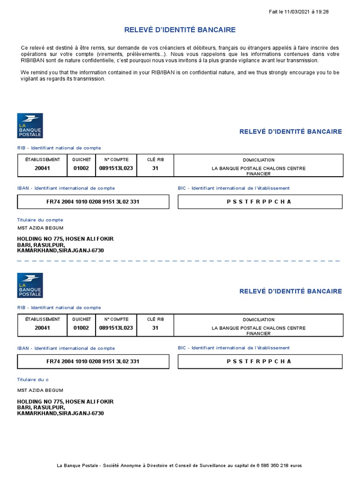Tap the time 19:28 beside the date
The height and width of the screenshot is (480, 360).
(x=322, y=12)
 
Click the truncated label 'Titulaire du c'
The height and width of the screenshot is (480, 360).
(x=33, y=380)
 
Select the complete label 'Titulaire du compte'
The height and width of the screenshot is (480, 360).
(x=40, y=219)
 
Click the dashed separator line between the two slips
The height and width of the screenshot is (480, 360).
(x=178, y=260)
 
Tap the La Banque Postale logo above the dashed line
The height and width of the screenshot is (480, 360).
(x=30, y=126)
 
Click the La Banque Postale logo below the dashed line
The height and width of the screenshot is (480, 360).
(x=30, y=285)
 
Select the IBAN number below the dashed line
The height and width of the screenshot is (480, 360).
(x=93, y=361)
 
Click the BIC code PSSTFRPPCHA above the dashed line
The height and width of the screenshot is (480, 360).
(x=259, y=202)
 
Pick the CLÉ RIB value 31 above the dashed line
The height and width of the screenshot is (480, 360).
(x=155, y=168)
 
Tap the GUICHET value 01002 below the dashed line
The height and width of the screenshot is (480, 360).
(x=81, y=328)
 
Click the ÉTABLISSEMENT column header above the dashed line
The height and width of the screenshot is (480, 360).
(x=42, y=160)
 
